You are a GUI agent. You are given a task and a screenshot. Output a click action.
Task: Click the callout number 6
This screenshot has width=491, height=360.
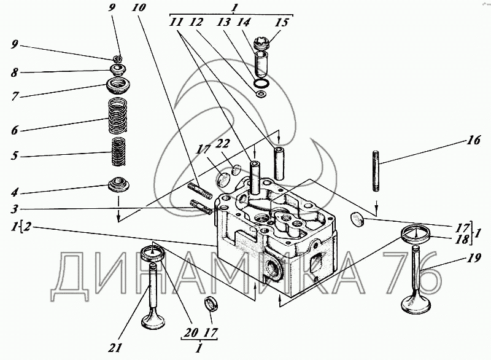(14, 130)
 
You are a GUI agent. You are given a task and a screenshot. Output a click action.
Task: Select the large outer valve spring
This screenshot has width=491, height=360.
(118, 115)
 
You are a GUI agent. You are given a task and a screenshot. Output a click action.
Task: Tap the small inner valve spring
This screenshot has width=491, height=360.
(119, 151)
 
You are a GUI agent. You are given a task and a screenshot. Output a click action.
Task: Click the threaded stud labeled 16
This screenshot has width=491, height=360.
(376, 171)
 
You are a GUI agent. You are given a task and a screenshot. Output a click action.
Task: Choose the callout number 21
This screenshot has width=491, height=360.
(115, 348)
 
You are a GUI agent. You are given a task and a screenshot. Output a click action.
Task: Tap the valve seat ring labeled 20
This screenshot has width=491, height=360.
(152, 253)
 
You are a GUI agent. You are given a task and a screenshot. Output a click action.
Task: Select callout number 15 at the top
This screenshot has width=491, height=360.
(282, 23)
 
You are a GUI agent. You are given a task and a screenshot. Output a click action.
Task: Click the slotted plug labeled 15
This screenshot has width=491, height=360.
(261, 43)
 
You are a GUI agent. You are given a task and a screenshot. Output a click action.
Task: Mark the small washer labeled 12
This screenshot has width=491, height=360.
(260, 93)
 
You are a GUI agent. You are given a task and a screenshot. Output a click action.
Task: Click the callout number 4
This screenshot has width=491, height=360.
(14, 192)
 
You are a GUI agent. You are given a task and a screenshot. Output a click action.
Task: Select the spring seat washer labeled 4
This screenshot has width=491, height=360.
(118, 184)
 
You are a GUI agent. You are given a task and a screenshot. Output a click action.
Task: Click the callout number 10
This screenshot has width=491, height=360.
(139, 7)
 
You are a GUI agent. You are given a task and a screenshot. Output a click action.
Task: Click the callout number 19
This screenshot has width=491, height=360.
(474, 258)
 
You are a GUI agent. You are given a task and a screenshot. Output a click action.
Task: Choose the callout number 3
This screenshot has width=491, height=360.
(14, 209)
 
